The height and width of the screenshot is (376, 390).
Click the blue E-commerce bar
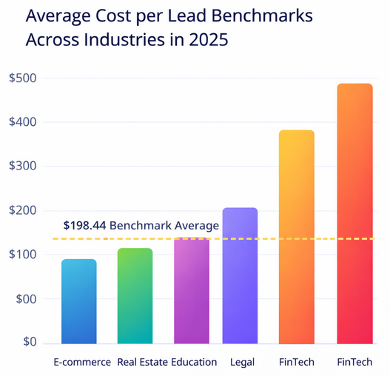click(79, 301)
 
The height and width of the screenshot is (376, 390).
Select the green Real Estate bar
click(135, 296)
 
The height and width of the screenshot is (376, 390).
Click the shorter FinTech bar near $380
click(296, 237)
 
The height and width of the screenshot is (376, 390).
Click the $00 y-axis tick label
click(25, 299)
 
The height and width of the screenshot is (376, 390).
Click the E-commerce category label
click(82, 362)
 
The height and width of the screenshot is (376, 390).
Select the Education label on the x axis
click(194, 362)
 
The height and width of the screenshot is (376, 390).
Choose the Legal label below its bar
click(240, 362)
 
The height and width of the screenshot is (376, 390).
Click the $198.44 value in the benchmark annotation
click(84, 225)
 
